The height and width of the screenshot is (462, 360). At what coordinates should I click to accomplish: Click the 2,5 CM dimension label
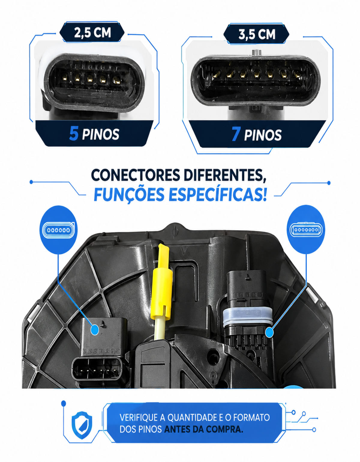[92, 33]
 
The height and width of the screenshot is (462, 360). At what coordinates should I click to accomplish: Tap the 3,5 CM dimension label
[257, 34]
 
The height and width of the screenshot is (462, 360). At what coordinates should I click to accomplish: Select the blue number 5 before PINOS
[74, 134]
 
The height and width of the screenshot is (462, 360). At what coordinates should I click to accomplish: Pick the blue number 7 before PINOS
[236, 134]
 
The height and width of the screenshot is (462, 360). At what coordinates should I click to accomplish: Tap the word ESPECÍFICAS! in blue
[217, 194]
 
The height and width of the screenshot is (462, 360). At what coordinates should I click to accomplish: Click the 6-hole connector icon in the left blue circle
[58, 230]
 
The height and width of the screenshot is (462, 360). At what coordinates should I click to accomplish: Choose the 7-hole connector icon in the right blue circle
[306, 229]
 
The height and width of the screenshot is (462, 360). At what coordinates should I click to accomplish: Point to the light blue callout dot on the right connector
[269, 332]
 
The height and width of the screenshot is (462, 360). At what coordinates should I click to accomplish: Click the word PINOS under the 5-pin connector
[100, 134]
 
